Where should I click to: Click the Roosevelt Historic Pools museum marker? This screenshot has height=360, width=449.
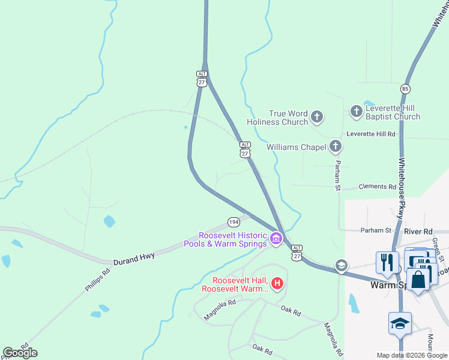(276, 239)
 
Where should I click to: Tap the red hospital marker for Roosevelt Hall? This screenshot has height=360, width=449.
(277, 283)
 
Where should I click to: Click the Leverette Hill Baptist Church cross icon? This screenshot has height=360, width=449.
(357, 110)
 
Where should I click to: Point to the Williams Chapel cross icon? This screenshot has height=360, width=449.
(335, 146)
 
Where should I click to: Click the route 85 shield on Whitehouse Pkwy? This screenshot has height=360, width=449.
(406, 89)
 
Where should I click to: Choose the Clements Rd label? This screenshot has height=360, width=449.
(378, 187)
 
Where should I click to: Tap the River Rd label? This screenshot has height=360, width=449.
(418, 231)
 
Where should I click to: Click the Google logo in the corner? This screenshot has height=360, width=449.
(20, 353)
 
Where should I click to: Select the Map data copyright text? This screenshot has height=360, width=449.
(412, 355)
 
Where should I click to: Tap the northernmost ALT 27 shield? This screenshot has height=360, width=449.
(202, 79)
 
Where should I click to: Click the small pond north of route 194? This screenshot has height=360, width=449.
(109, 221)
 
